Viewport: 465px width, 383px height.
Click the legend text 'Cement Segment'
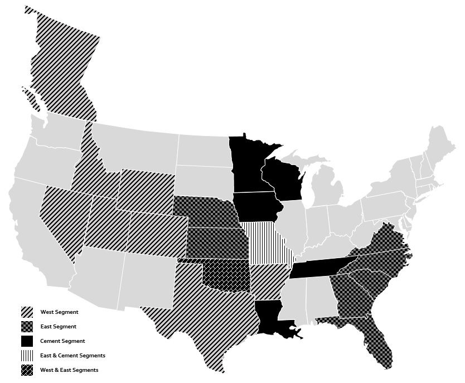(62, 341)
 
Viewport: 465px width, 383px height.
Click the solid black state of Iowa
(255, 207)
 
